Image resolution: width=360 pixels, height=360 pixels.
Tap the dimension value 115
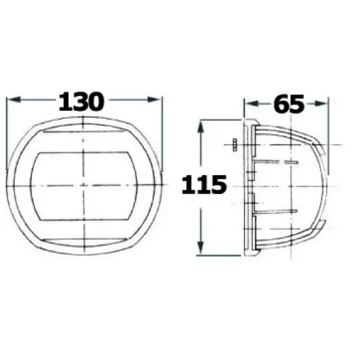[x=204, y=185]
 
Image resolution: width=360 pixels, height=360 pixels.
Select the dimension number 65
[x=288, y=104]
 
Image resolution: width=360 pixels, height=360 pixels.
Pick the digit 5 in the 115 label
[x=217, y=185]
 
